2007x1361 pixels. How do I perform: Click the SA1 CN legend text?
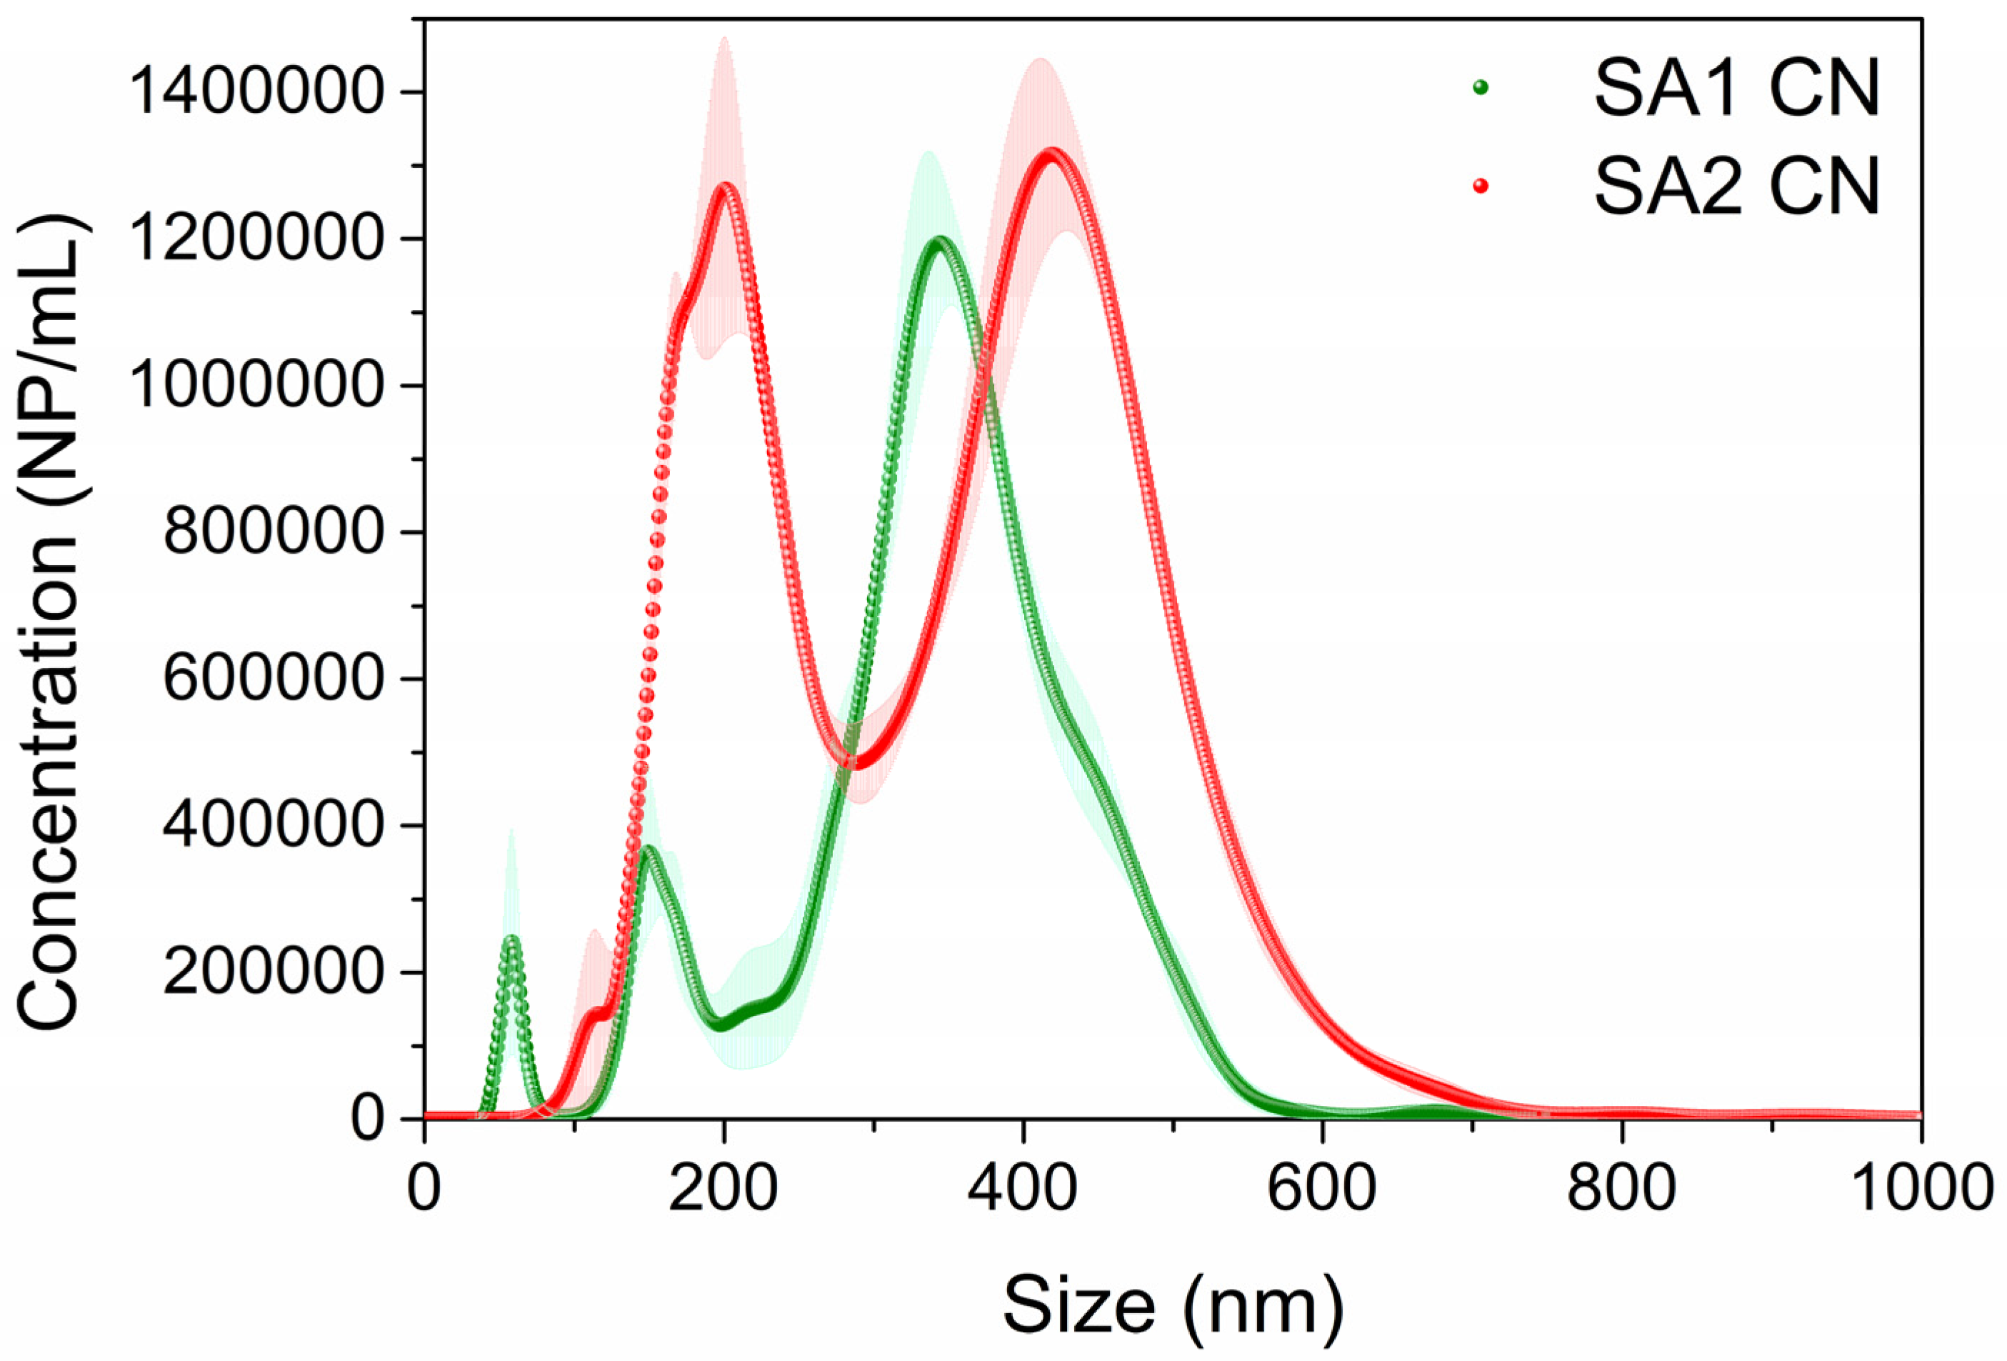1736,90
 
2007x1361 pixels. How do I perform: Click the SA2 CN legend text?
1736,186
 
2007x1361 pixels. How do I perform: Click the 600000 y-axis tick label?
271,679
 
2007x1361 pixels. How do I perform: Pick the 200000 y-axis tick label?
271,972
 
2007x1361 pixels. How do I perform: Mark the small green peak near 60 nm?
512,939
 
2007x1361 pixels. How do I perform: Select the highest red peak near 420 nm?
1051,154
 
